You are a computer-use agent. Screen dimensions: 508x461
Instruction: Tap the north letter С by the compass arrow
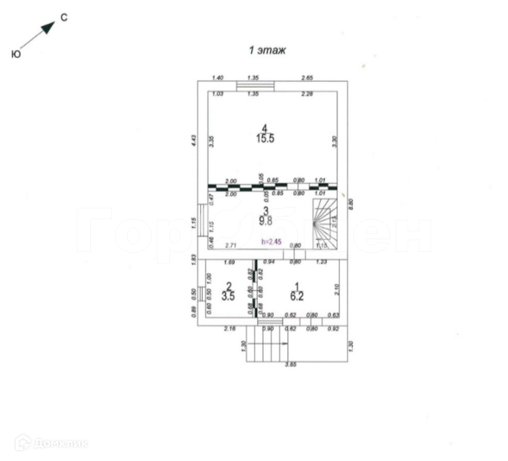63,18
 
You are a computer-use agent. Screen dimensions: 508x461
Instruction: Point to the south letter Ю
15,54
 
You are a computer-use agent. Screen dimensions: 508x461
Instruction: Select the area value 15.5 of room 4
265,138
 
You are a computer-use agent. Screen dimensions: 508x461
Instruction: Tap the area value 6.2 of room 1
297,296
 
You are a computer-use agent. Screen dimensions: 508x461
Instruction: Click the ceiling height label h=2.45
272,241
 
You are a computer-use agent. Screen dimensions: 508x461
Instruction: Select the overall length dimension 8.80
351,202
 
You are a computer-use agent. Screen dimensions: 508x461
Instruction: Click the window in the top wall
255,85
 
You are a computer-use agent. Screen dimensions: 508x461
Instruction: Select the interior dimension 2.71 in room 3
230,245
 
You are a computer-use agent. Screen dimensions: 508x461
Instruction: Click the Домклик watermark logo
51,443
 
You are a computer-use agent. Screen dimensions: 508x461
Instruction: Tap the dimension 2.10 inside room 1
337,290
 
